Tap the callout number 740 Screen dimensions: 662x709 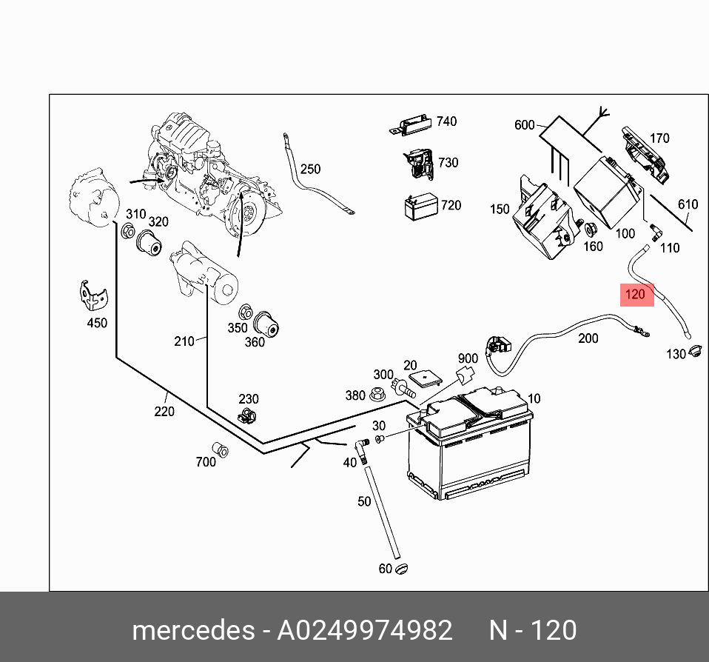447,121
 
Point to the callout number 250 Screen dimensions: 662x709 310,169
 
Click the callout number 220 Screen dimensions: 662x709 164,411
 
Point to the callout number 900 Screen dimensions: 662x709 468,359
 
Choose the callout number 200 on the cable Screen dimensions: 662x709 588,338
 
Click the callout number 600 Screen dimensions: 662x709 524,125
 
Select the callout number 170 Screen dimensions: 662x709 659,138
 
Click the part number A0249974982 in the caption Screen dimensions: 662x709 364,630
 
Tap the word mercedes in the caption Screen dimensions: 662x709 192,630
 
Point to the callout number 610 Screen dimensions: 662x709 688,204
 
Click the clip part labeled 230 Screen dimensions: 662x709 247,416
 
